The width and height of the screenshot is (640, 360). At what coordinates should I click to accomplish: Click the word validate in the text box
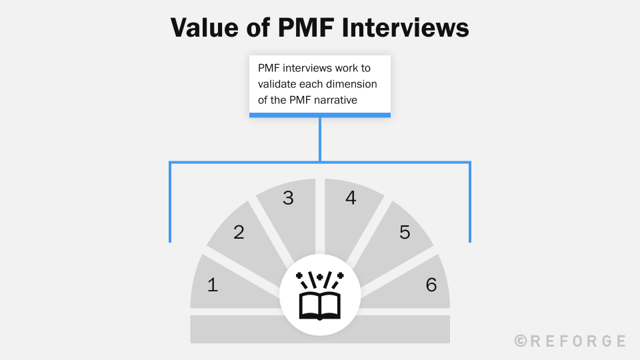click(x=278, y=85)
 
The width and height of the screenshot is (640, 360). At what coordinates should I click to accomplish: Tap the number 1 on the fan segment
click(x=213, y=285)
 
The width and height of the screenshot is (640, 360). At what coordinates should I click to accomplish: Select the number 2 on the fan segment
click(x=239, y=232)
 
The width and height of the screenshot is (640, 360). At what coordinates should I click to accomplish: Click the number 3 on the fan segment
click(x=288, y=198)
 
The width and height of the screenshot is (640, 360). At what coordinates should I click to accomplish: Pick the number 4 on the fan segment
click(x=351, y=198)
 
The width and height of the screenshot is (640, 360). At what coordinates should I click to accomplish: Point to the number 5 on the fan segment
click(x=405, y=232)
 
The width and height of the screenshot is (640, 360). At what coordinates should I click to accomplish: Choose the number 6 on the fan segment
click(x=431, y=285)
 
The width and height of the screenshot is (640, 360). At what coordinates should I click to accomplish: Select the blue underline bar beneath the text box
click(x=320, y=115)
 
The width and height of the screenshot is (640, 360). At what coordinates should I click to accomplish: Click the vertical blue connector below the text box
click(x=320, y=139)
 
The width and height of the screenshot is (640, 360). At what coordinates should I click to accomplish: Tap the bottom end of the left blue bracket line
click(x=171, y=240)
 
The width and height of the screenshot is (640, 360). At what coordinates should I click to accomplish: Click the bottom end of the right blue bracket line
click(x=470, y=240)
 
